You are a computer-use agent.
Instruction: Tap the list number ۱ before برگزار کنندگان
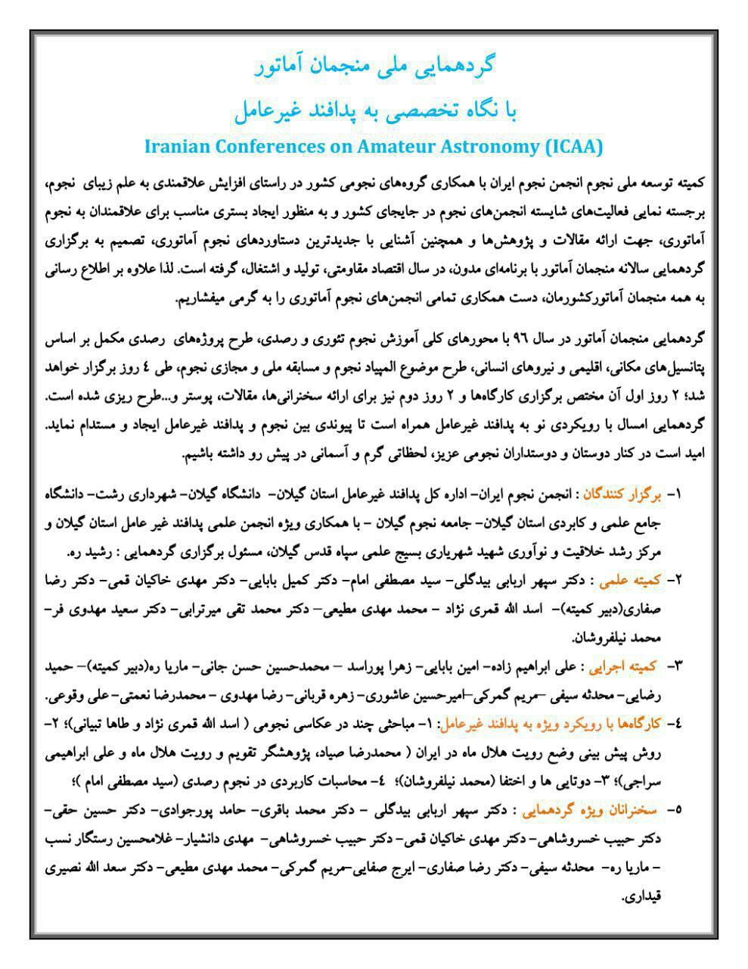click(675, 495)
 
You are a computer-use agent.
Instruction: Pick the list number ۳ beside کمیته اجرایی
click(675, 666)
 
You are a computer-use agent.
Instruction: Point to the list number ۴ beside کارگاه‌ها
click(675, 724)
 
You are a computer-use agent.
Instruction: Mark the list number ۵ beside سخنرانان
click(675, 810)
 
